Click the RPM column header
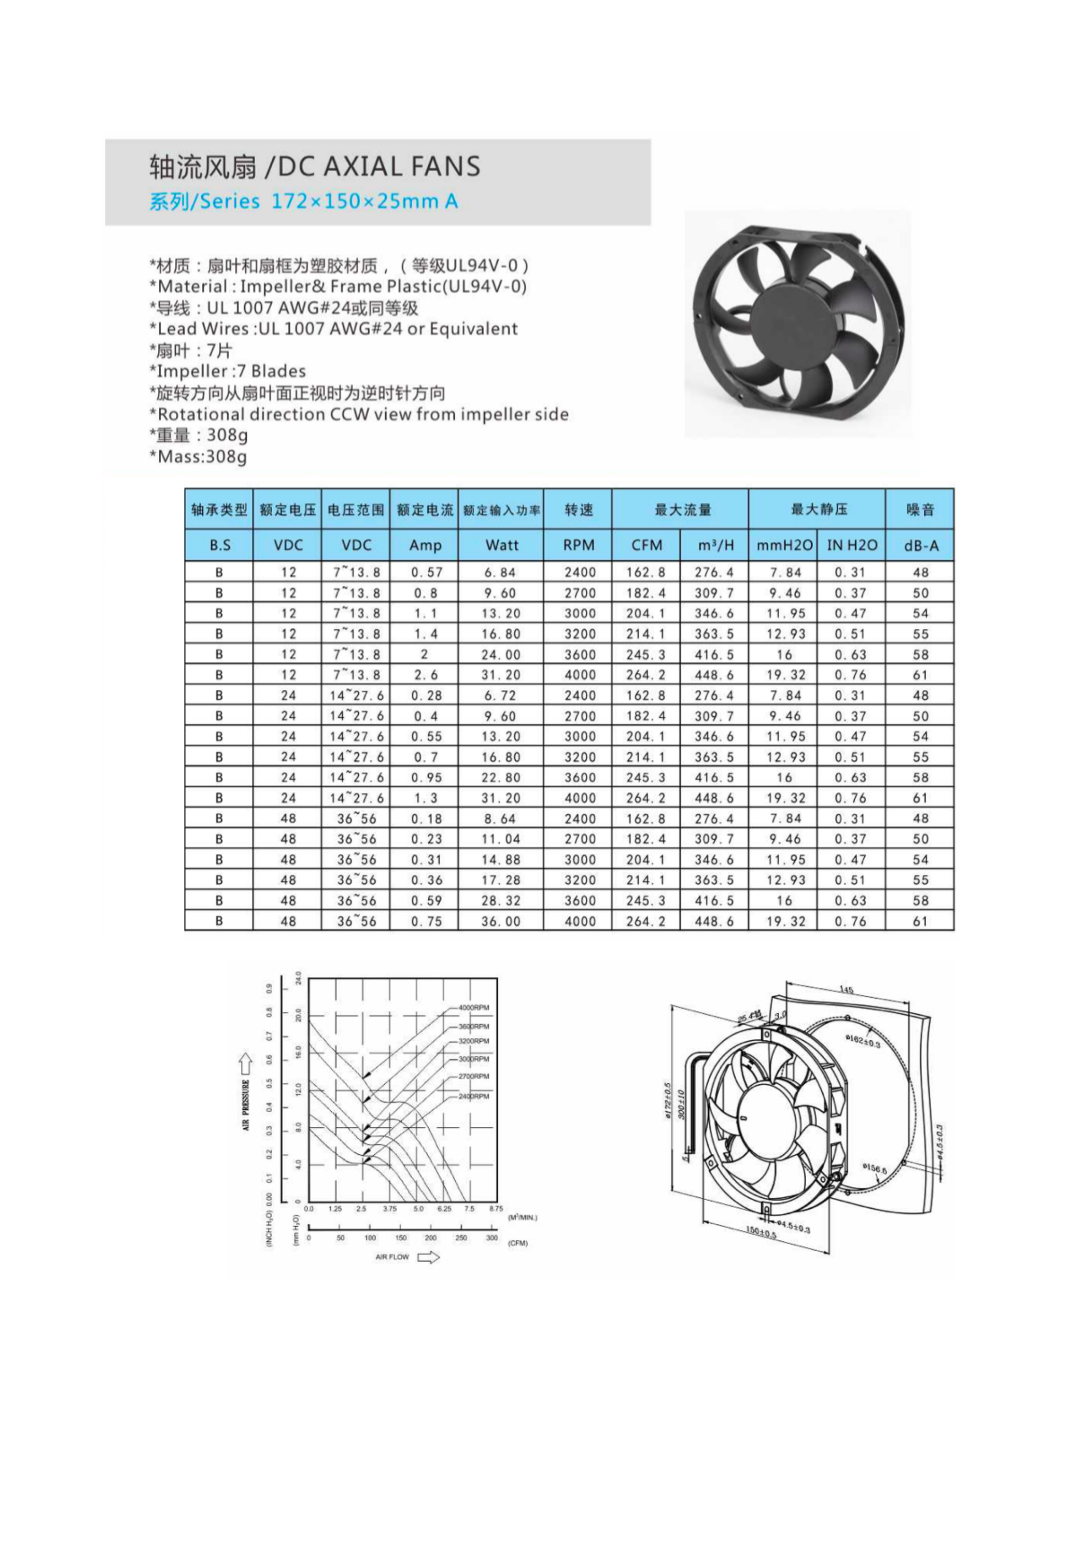pyautogui.click(x=578, y=545)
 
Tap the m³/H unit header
pyautogui.click(x=715, y=545)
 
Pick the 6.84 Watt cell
pyautogui.click(x=501, y=573)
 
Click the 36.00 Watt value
pyautogui.click(x=501, y=921)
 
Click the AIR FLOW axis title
pyautogui.click(x=392, y=1257)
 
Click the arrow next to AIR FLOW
pyautogui.click(x=429, y=1257)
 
